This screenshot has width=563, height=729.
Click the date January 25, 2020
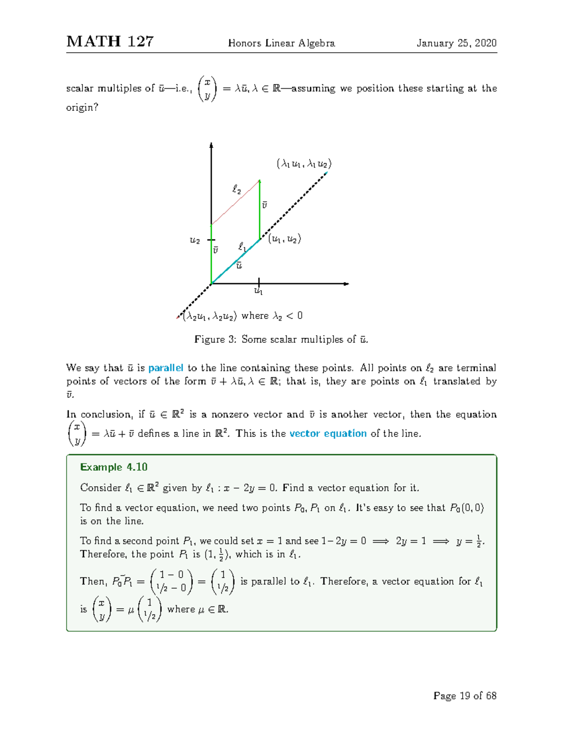(456, 43)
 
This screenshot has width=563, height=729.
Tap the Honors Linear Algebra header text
(281, 43)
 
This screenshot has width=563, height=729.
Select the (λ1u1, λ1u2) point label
(304, 164)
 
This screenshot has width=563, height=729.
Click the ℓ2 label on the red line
(237, 190)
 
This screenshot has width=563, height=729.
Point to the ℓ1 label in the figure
(242, 246)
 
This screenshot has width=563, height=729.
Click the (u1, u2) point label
(284, 239)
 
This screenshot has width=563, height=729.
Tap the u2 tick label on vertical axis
(195, 240)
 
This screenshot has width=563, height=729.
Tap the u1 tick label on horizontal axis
(259, 292)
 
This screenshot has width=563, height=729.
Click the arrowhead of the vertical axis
(212, 146)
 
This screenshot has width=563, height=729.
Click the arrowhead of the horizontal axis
(346, 284)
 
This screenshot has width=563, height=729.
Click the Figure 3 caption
(281, 339)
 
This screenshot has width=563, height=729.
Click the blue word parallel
(166, 368)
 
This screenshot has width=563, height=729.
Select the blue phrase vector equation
(328, 433)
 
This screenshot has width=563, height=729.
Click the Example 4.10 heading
(114, 467)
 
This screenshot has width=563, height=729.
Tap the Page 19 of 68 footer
(464, 696)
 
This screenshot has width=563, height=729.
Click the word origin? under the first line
(82, 107)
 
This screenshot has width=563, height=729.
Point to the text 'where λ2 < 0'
(272, 316)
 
